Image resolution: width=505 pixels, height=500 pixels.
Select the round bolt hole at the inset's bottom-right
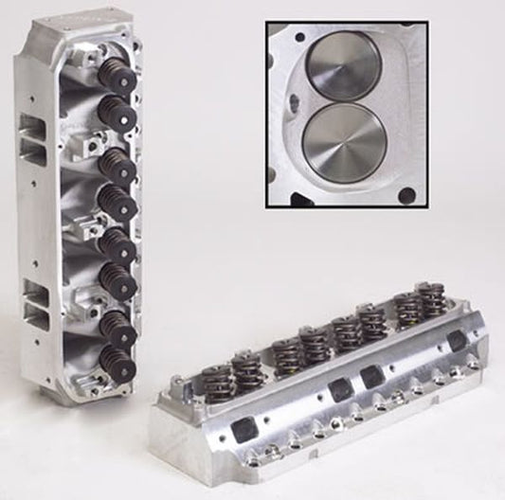(x=406, y=197)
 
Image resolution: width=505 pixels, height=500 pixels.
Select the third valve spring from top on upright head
(x=116, y=162)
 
